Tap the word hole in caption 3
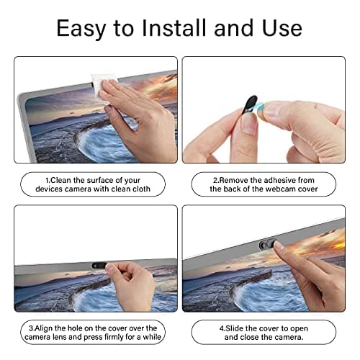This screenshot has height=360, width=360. (78, 327)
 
